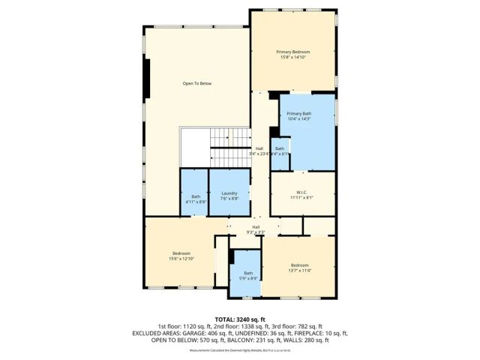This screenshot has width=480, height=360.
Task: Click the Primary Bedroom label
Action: (x=292, y=52)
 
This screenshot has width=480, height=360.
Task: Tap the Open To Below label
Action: (x=196, y=83)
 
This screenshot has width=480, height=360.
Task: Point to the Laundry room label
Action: (x=229, y=193)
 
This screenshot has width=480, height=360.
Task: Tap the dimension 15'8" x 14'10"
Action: (x=292, y=57)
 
